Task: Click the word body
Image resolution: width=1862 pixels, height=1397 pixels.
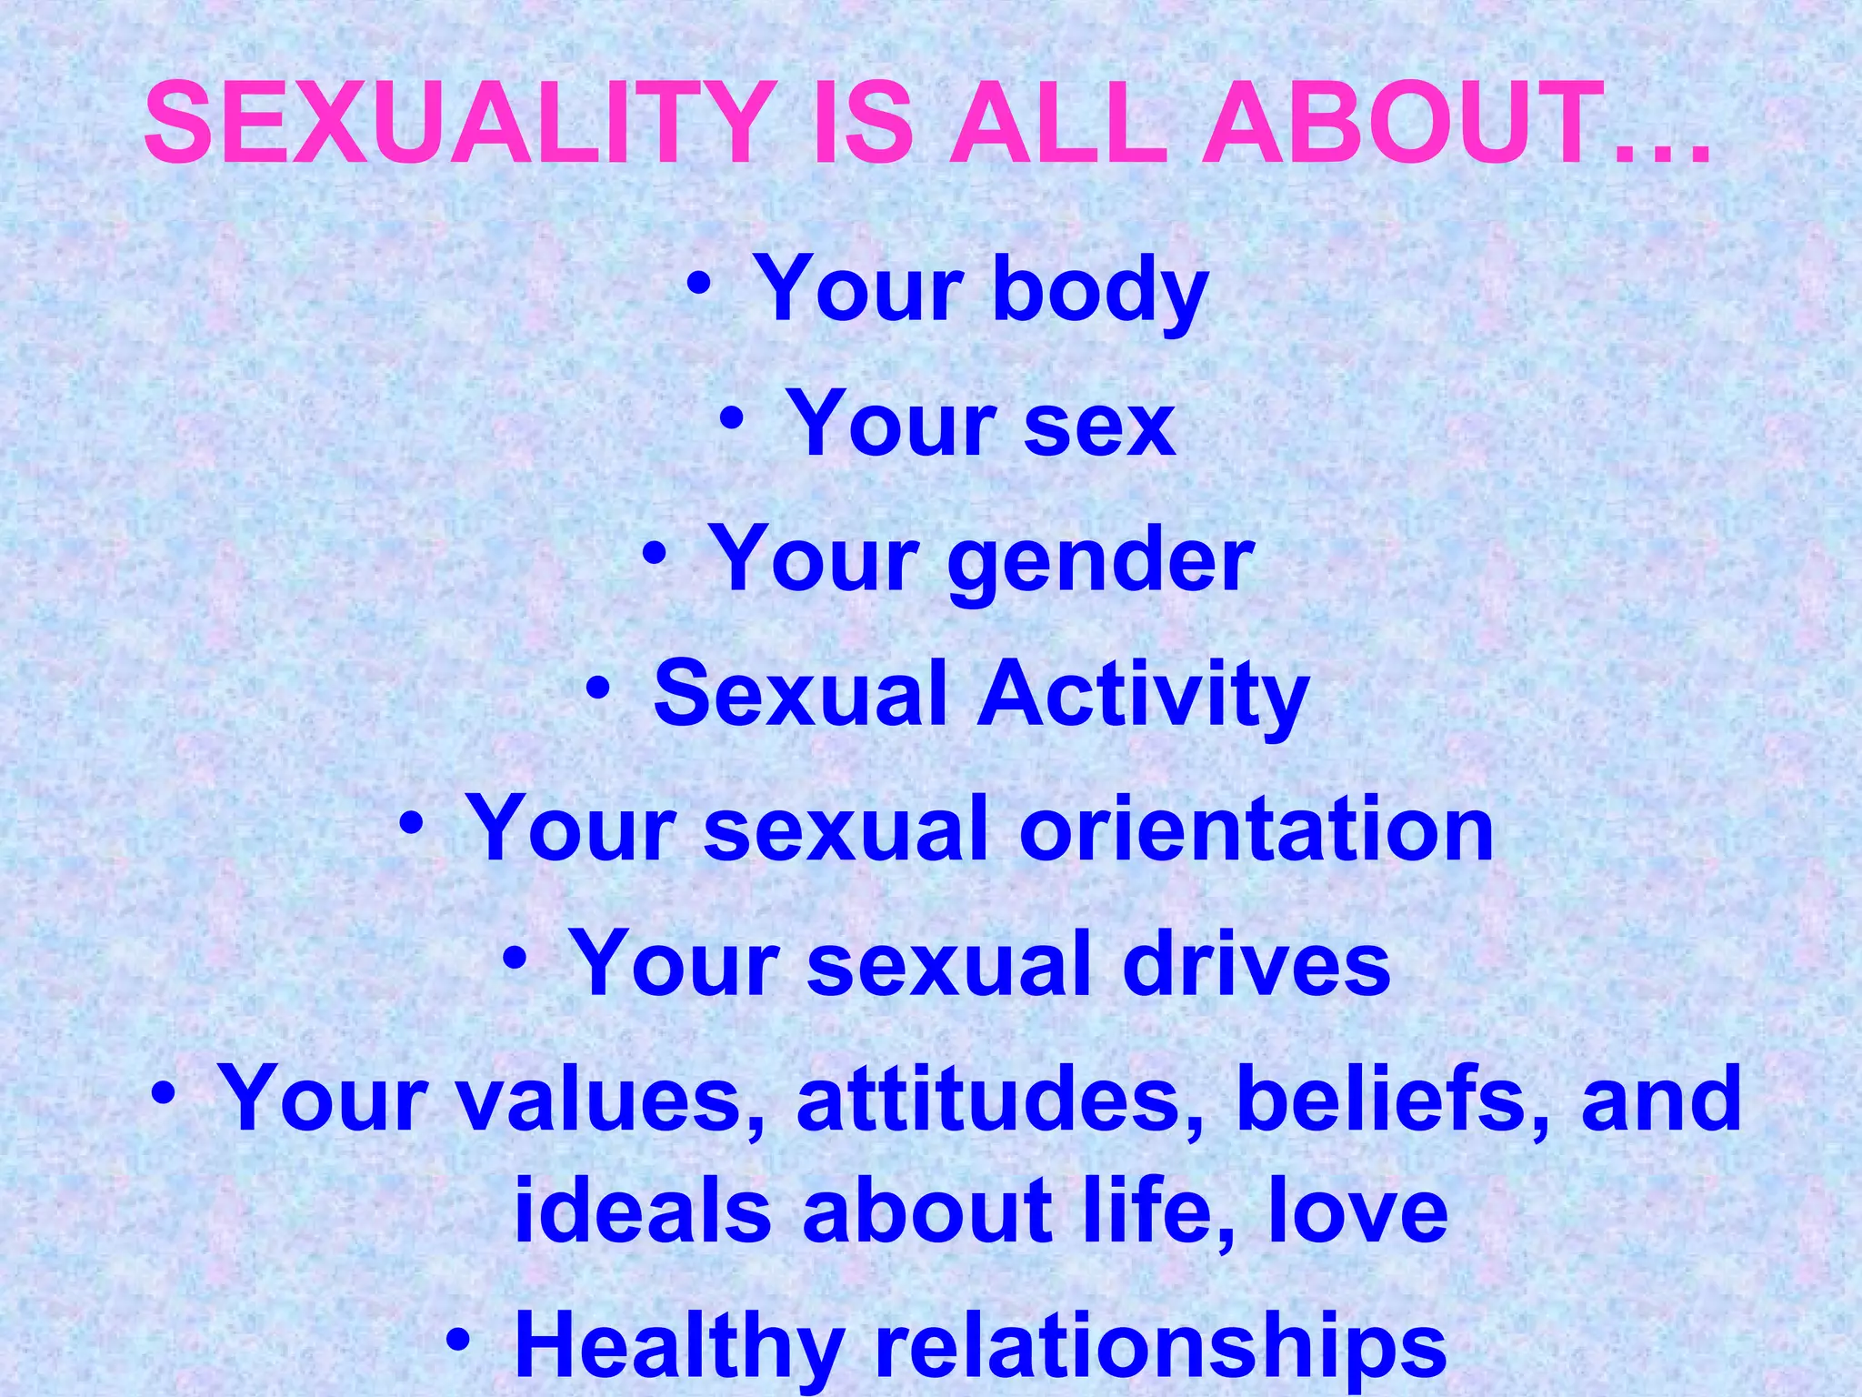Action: click(1099, 290)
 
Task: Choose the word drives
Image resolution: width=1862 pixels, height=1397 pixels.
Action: click(1256, 964)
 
